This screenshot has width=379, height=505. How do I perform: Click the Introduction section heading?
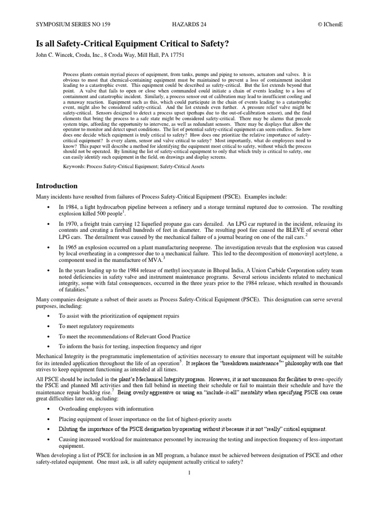(x=57, y=186)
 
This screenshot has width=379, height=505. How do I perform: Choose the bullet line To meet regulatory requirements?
(x=96, y=326)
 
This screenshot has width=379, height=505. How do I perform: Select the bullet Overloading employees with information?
(x=106, y=409)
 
